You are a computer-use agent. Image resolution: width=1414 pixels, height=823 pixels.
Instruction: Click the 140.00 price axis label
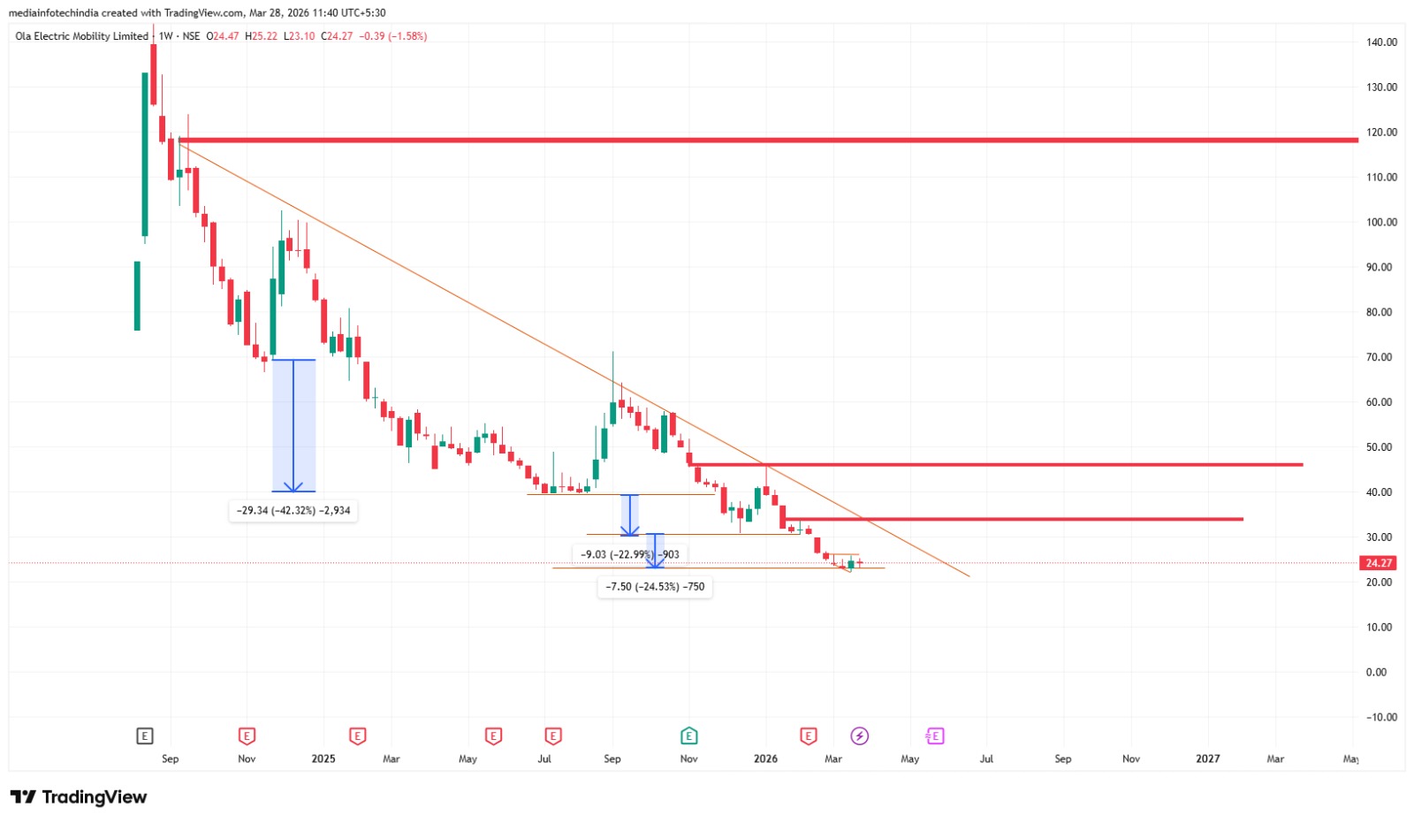[1381, 42]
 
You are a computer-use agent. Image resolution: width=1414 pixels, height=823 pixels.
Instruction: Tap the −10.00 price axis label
[1381, 717]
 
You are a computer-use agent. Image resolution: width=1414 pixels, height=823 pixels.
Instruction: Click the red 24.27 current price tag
[1379, 563]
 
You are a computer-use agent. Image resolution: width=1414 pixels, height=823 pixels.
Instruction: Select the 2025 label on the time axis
[323, 758]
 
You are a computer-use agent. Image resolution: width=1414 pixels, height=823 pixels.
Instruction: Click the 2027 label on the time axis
[1207, 758]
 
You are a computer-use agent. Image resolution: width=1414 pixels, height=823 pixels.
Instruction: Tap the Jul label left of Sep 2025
[544, 758]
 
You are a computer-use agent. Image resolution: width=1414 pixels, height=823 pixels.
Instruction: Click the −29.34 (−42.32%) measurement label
[293, 511]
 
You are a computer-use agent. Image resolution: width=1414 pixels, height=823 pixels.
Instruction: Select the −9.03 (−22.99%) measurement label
[630, 554]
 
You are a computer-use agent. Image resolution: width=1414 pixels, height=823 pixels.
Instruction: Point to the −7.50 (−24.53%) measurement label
[655, 586]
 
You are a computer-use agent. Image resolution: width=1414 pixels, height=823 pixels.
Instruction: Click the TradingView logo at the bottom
[79, 797]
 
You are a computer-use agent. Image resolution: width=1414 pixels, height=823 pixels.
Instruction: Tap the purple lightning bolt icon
[859, 735]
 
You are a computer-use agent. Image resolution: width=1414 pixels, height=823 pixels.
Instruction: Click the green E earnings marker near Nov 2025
[688, 735]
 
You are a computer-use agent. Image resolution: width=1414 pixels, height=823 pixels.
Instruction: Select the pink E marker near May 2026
[934, 735]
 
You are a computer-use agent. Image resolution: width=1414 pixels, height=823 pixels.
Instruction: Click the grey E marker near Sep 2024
[145, 735]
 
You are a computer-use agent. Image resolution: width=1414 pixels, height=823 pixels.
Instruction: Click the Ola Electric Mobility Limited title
[81, 36]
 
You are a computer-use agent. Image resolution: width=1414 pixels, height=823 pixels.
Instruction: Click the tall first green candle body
[145, 155]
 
